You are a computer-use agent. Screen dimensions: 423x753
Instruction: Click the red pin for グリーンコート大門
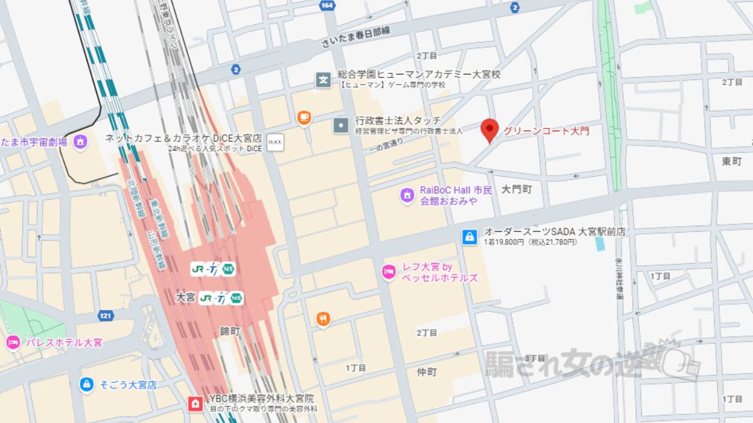(489, 129)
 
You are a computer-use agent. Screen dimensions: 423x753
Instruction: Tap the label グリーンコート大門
(546, 131)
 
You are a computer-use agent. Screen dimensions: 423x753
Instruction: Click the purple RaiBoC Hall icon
(407, 196)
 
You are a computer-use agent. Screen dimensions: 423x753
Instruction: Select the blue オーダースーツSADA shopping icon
(469, 236)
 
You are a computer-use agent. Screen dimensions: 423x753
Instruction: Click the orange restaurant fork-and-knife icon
(323, 319)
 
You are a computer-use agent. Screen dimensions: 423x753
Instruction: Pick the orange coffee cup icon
(304, 117)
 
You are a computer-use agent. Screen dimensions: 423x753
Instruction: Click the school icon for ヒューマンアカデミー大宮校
(323, 80)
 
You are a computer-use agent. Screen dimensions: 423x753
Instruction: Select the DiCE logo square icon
(275, 142)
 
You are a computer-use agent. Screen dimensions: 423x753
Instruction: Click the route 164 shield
(326, 6)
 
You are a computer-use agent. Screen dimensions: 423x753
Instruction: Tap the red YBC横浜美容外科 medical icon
(195, 403)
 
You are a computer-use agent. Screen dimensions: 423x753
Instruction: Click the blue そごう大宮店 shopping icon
(87, 384)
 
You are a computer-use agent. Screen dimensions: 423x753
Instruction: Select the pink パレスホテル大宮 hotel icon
(12, 343)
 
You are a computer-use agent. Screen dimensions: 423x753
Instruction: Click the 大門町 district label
(516, 189)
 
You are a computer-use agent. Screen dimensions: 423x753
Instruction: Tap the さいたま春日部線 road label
(355, 38)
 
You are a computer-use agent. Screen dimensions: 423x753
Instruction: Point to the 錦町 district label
(230, 330)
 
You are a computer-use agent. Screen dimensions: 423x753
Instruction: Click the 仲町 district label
(427, 372)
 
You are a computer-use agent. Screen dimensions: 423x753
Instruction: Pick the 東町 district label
(731, 162)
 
